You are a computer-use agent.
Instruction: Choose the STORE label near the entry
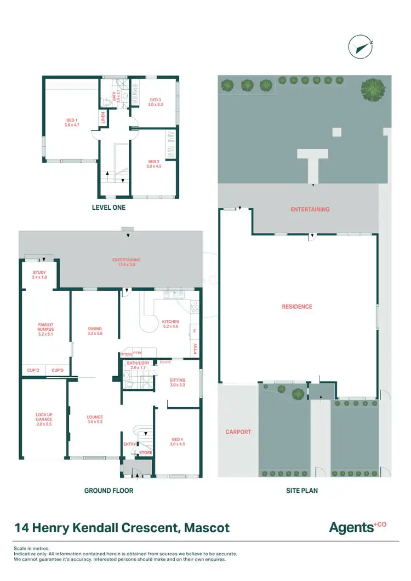pos(145,453)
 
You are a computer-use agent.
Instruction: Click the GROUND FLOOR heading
pos(109,491)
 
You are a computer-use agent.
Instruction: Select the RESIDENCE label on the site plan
pos(298,307)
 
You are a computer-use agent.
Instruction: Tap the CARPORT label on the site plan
pos(238,432)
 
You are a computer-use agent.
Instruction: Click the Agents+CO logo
pos(357,527)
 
